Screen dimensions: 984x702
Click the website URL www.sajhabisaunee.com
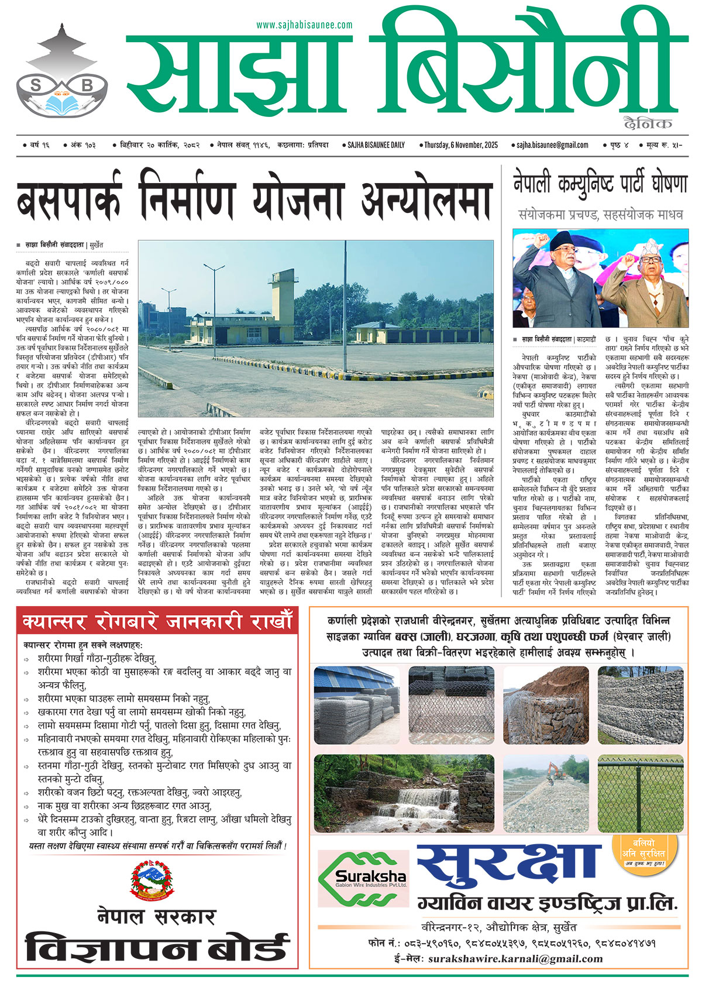[x=304, y=25]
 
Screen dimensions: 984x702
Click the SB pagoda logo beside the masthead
[x=62, y=73]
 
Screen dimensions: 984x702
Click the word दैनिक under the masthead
[x=648, y=123]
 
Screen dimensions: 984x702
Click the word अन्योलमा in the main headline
[x=425, y=198]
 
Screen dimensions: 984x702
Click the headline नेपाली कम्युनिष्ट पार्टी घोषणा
[x=600, y=183]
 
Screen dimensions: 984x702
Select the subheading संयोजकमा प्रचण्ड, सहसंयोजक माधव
[x=600, y=215]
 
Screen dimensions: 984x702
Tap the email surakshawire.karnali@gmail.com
[x=515, y=959]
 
